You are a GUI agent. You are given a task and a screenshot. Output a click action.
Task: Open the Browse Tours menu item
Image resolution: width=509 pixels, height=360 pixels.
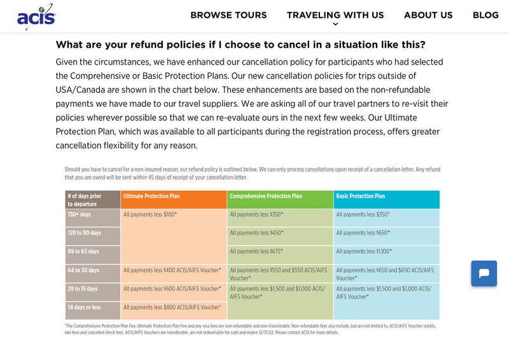click(228, 15)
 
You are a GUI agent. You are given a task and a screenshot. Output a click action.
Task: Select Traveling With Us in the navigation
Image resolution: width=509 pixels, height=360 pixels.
click(335, 15)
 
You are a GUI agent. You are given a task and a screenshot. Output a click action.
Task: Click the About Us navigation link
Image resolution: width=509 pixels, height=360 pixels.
click(428, 15)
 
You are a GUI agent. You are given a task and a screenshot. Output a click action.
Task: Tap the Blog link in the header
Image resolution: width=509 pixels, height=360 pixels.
click(485, 15)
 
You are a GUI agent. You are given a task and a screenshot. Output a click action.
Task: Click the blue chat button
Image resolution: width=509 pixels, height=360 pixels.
click(484, 273)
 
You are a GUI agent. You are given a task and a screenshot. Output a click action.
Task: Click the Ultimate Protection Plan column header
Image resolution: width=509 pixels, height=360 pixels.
click(151, 197)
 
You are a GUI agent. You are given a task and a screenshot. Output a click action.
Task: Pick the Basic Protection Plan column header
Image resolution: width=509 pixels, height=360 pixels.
click(360, 197)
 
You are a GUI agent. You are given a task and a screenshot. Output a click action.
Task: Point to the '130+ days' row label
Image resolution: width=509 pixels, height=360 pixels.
click(80, 215)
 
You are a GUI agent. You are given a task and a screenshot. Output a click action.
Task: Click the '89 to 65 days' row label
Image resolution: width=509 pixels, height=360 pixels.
click(83, 252)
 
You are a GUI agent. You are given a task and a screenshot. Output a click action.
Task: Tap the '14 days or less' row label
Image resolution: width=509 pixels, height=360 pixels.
click(84, 308)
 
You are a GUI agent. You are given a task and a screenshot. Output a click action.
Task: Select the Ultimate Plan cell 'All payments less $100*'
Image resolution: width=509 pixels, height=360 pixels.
click(150, 215)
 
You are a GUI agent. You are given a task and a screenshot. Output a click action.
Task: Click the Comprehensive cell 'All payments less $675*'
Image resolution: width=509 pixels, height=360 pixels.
click(256, 252)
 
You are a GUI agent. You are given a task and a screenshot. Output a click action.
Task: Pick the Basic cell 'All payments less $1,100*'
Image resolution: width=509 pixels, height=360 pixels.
click(364, 252)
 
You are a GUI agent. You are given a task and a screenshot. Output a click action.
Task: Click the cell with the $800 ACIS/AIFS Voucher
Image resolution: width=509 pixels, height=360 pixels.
click(172, 308)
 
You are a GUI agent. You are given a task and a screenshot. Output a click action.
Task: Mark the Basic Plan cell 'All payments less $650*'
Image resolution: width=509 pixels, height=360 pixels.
click(363, 233)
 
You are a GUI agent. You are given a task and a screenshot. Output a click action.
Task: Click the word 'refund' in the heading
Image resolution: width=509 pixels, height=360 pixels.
click(148, 45)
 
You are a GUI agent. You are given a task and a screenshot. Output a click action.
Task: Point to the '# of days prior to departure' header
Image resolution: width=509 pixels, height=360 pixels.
click(85, 200)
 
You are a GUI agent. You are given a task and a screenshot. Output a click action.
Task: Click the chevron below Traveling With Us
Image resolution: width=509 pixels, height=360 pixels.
click(335, 25)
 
